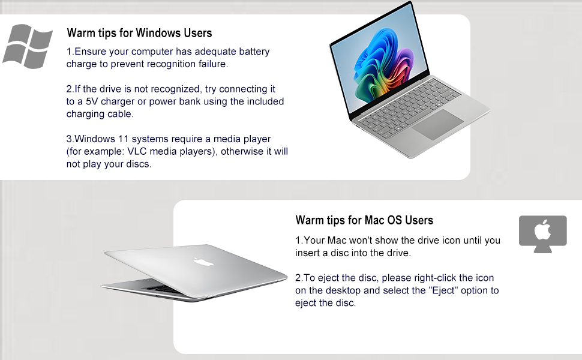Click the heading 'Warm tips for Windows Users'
point(139,32)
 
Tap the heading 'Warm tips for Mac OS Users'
point(364,220)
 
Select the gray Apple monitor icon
point(542,233)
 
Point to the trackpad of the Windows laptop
point(436,125)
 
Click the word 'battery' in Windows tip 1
point(254,52)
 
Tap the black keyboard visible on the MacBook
point(163,289)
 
